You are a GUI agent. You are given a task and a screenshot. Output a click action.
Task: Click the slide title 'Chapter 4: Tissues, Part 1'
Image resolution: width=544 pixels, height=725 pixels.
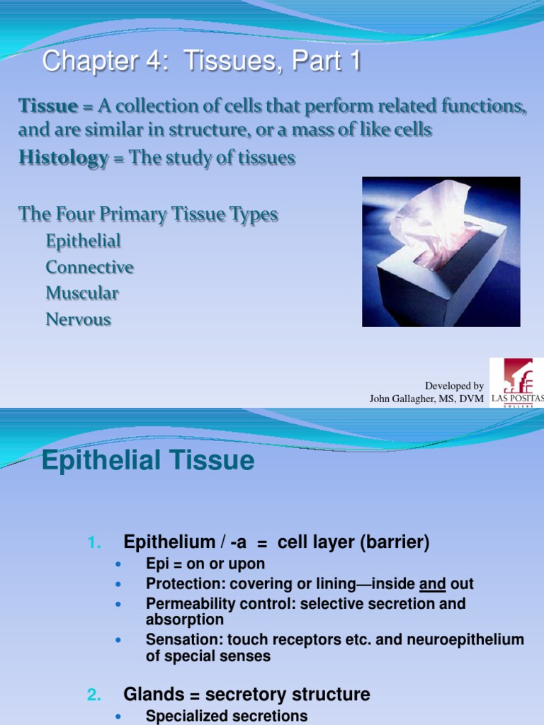click(201, 62)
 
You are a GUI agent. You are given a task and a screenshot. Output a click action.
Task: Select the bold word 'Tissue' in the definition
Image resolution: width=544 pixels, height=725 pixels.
click(47, 106)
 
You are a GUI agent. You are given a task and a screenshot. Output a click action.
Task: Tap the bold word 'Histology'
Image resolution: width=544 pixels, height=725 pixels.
click(62, 158)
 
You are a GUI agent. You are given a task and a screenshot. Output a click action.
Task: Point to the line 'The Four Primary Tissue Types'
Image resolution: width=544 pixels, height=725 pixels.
click(148, 215)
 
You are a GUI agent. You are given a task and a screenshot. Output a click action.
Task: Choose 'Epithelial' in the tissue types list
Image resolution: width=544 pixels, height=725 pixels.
click(83, 241)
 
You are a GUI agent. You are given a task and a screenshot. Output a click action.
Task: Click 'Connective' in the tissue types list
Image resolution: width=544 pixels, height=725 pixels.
click(89, 267)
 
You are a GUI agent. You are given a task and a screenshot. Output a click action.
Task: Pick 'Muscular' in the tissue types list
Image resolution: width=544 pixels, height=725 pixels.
click(82, 293)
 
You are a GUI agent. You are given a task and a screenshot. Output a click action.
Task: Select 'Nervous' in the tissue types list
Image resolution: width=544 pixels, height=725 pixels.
click(78, 319)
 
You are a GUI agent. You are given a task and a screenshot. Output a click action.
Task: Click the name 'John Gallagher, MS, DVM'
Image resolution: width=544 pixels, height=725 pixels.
click(426, 399)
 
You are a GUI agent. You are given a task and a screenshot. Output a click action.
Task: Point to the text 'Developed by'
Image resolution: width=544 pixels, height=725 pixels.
click(454, 386)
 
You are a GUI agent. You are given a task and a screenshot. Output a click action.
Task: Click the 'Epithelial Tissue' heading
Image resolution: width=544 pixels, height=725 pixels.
click(147, 461)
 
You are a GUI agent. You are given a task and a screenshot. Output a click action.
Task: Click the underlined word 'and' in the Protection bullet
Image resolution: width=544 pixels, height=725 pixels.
click(433, 584)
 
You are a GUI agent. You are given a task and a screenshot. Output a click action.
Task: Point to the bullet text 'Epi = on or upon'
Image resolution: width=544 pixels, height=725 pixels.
click(205, 564)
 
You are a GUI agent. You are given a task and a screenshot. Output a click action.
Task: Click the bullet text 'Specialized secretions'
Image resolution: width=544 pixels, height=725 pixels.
click(227, 716)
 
